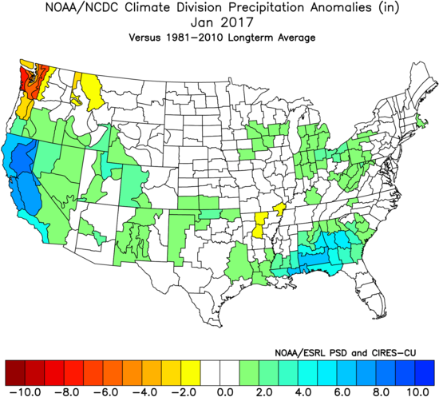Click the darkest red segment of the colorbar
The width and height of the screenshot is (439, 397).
tap(14, 371)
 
